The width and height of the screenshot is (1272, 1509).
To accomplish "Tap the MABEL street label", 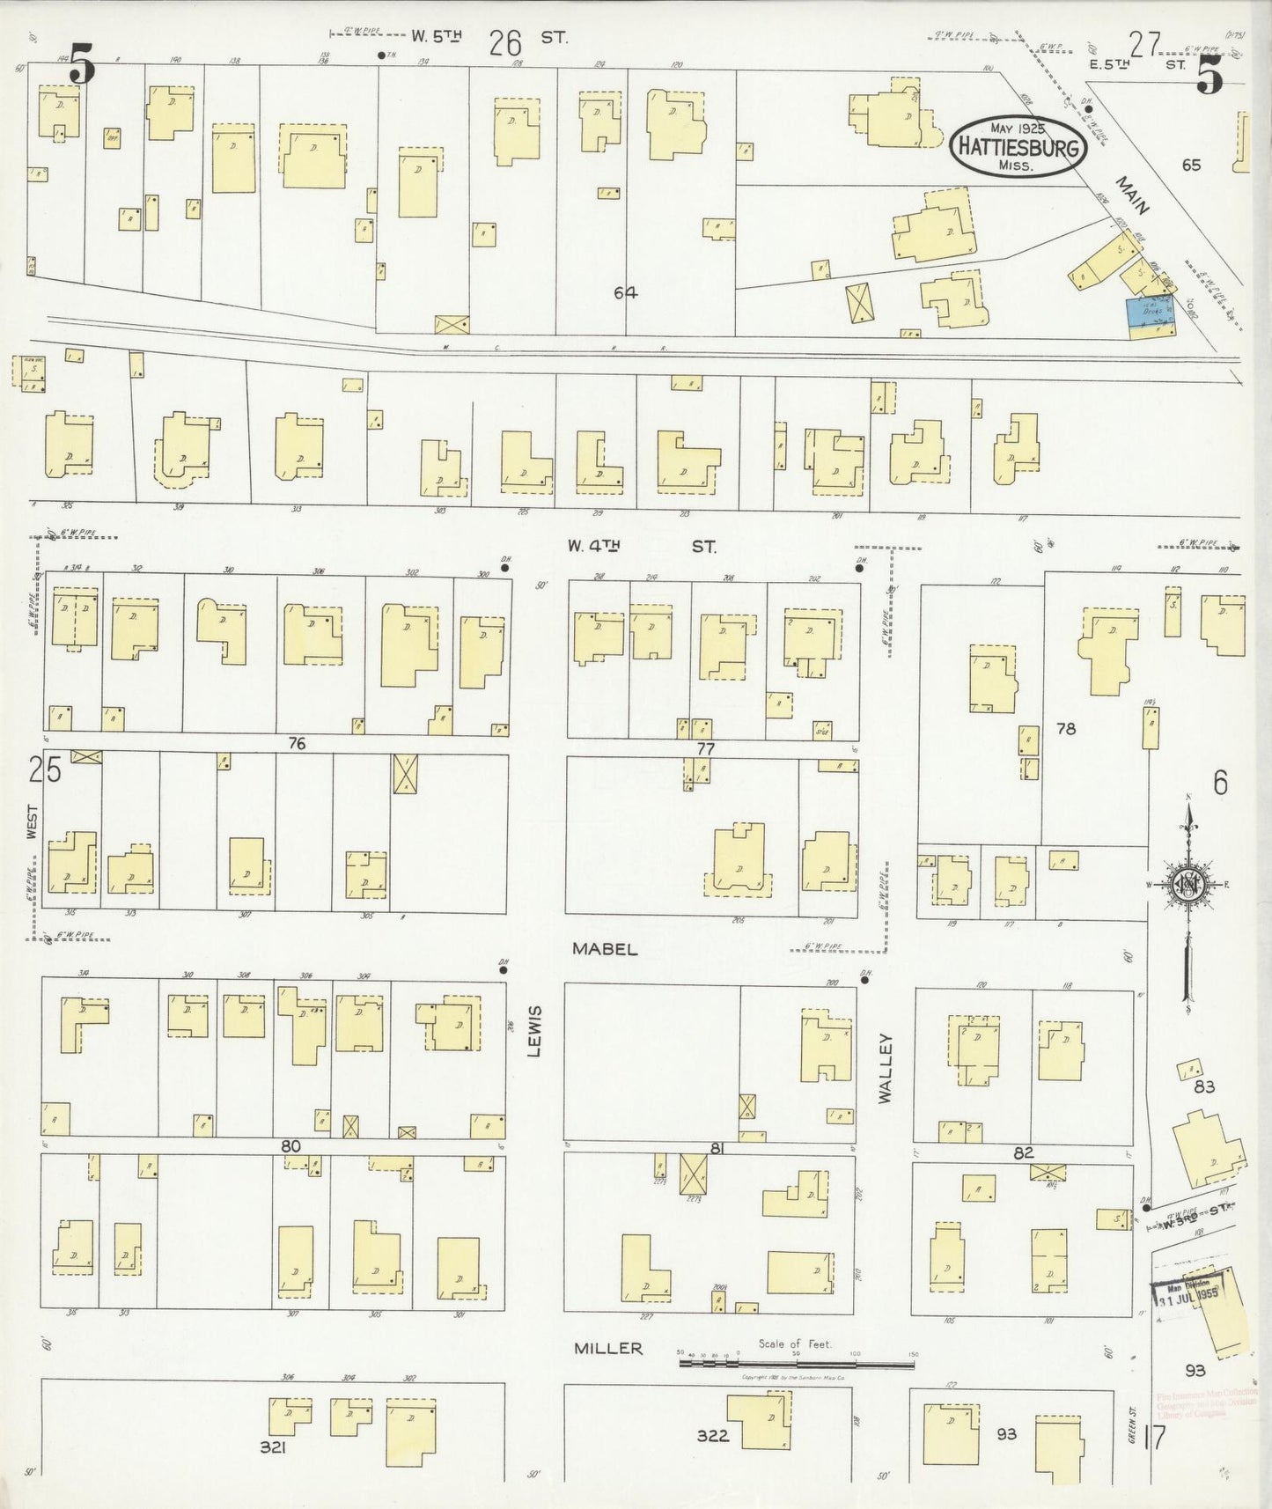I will click(603, 949).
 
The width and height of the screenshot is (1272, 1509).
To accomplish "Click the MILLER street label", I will click(608, 1348).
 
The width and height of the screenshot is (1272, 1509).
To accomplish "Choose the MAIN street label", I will click(1134, 196).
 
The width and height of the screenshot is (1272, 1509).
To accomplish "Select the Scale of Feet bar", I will click(797, 1363).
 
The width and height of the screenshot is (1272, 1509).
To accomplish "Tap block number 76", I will click(297, 744).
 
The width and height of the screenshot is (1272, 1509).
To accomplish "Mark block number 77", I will click(705, 749).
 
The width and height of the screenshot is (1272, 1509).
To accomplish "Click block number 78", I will click(1066, 729).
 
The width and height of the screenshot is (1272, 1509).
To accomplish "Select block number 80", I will click(291, 1146).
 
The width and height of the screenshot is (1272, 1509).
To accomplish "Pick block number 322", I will click(712, 1436).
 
